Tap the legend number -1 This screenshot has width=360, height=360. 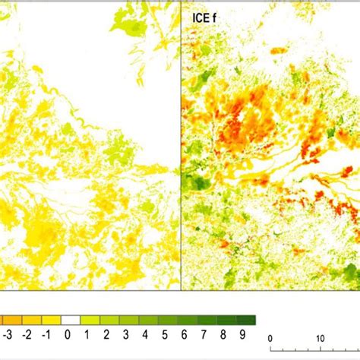pyautogui.click(x=47, y=335)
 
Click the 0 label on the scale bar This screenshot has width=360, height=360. pyautogui.click(x=270, y=338)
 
